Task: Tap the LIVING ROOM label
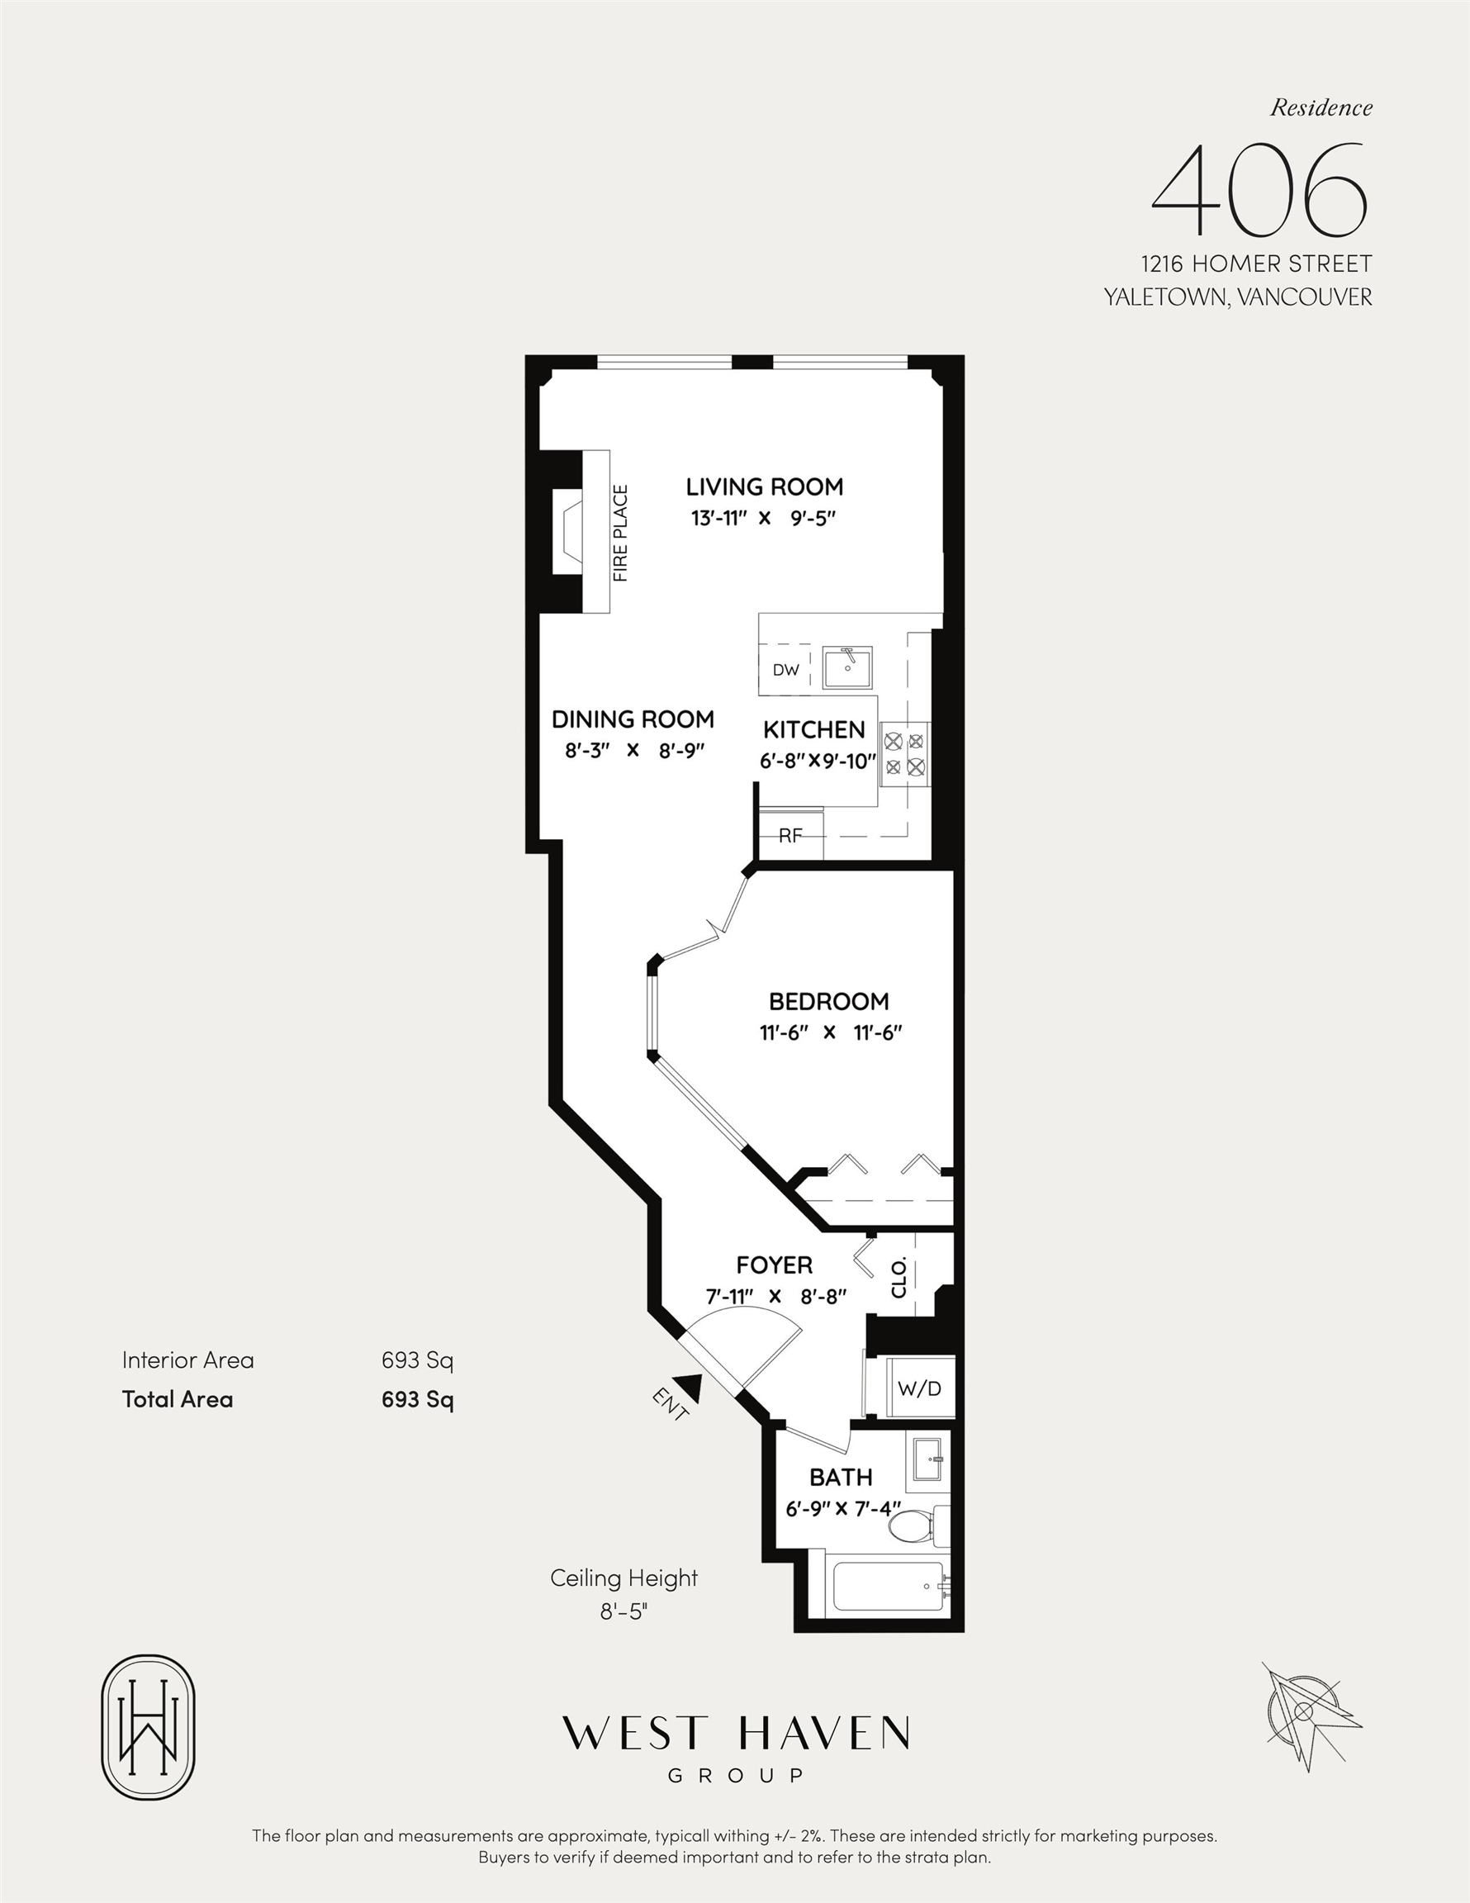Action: (x=764, y=487)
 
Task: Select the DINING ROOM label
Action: (x=633, y=719)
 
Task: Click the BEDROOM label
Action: (x=828, y=1001)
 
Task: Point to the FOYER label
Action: (x=774, y=1265)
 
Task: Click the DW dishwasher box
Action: (x=785, y=670)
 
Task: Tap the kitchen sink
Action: (x=847, y=669)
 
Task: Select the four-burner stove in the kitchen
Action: (x=905, y=755)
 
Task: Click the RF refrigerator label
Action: (x=790, y=836)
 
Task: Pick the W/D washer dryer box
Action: (x=920, y=1388)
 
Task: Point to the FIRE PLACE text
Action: (x=620, y=534)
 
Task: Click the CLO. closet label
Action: (x=899, y=1278)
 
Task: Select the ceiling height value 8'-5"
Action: (x=624, y=1611)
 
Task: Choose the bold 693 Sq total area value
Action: (x=417, y=1399)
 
